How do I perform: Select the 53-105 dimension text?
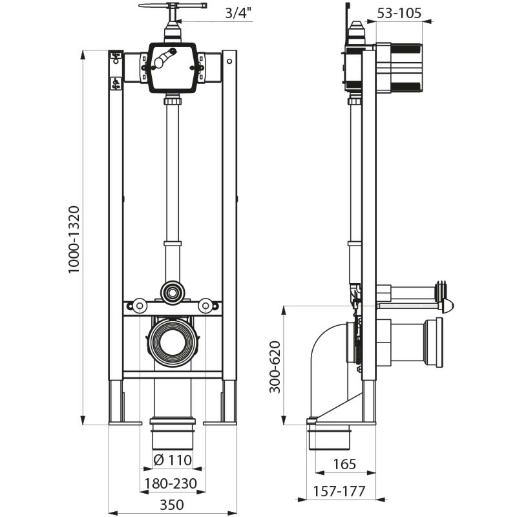[x=399, y=12]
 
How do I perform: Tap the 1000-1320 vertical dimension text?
[x=74, y=239]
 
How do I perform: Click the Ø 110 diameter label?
[x=172, y=461]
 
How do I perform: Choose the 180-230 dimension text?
[x=171, y=483]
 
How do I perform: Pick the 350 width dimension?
[x=172, y=505]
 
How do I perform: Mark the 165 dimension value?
[x=346, y=463]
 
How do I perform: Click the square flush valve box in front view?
[x=173, y=67]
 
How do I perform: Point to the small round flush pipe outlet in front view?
[x=173, y=292]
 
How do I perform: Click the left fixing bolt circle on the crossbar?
[x=140, y=305]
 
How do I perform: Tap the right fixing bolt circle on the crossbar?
[x=205, y=305]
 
